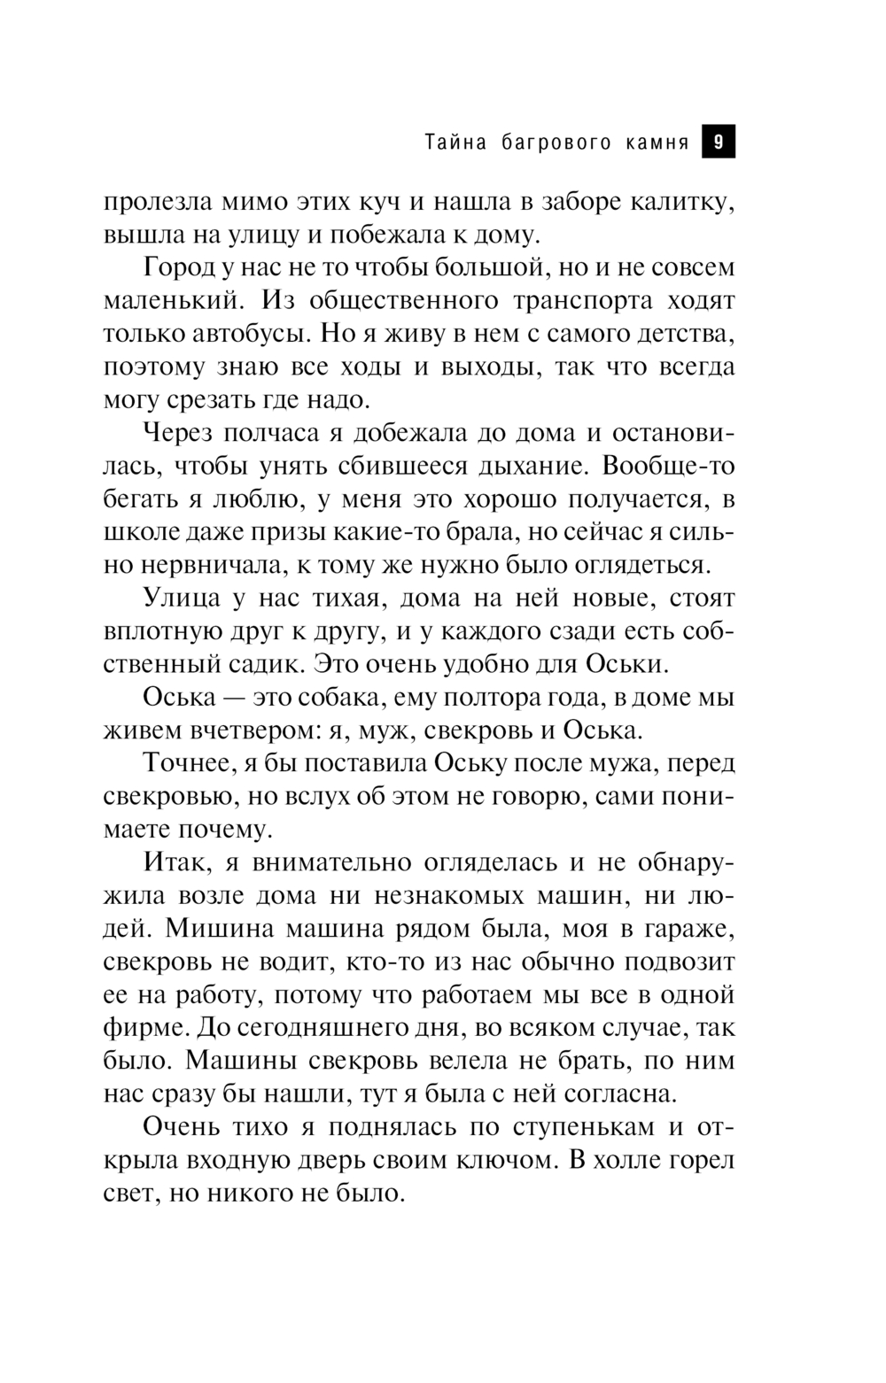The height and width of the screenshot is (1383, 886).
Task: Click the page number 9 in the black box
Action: coord(719,142)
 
